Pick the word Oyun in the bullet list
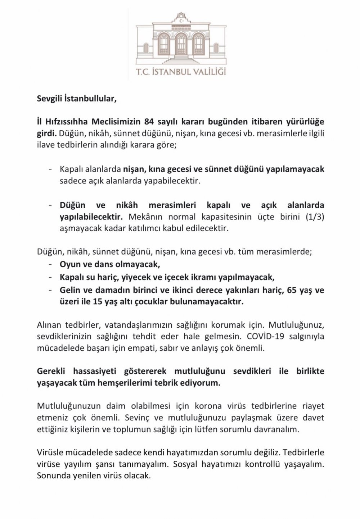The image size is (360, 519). (x=68, y=265)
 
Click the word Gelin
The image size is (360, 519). (x=69, y=290)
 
